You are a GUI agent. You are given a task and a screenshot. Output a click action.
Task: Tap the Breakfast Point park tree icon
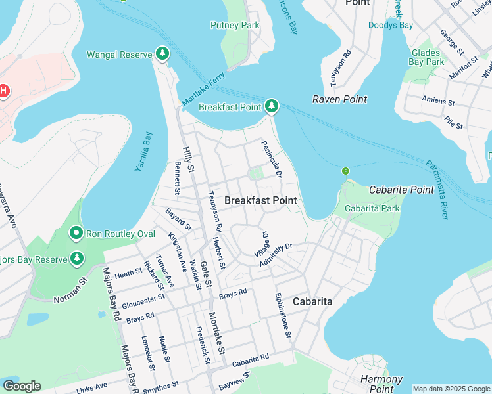pyautogui.click(x=272, y=106)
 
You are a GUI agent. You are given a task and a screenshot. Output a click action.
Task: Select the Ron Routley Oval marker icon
pyautogui.click(x=76, y=234)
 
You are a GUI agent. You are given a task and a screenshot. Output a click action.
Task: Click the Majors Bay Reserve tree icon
pyautogui.click(x=78, y=259)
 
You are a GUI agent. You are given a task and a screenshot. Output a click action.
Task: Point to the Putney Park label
pyautogui.click(x=235, y=26)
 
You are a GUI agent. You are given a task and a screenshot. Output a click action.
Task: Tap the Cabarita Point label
pyautogui.click(x=401, y=190)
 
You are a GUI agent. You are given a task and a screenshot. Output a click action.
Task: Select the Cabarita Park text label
pyautogui.click(x=372, y=209)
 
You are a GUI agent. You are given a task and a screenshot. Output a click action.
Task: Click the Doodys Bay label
pyautogui.click(x=391, y=26)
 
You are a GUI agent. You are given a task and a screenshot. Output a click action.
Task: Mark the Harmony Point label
pyautogui.click(x=381, y=383)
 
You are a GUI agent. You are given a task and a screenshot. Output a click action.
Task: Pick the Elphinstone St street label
pyautogui.click(x=283, y=315)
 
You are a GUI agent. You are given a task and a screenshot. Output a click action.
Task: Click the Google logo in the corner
pyautogui.click(x=22, y=386)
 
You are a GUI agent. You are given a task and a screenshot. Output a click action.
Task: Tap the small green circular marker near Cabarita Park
pyautogui.click(x=345, y=171)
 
